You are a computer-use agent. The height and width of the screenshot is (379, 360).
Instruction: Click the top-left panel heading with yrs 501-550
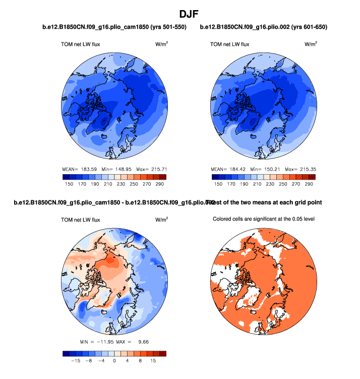tap(114, 27)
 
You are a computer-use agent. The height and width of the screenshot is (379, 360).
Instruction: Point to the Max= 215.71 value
tap(152, 168)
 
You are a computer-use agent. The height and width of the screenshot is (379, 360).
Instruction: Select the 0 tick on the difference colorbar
tap(114, 361)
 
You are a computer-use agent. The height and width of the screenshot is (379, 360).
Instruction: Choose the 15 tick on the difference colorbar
tap(153, 361)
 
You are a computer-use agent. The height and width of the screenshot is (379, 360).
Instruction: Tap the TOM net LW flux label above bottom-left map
tap(80, 220)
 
